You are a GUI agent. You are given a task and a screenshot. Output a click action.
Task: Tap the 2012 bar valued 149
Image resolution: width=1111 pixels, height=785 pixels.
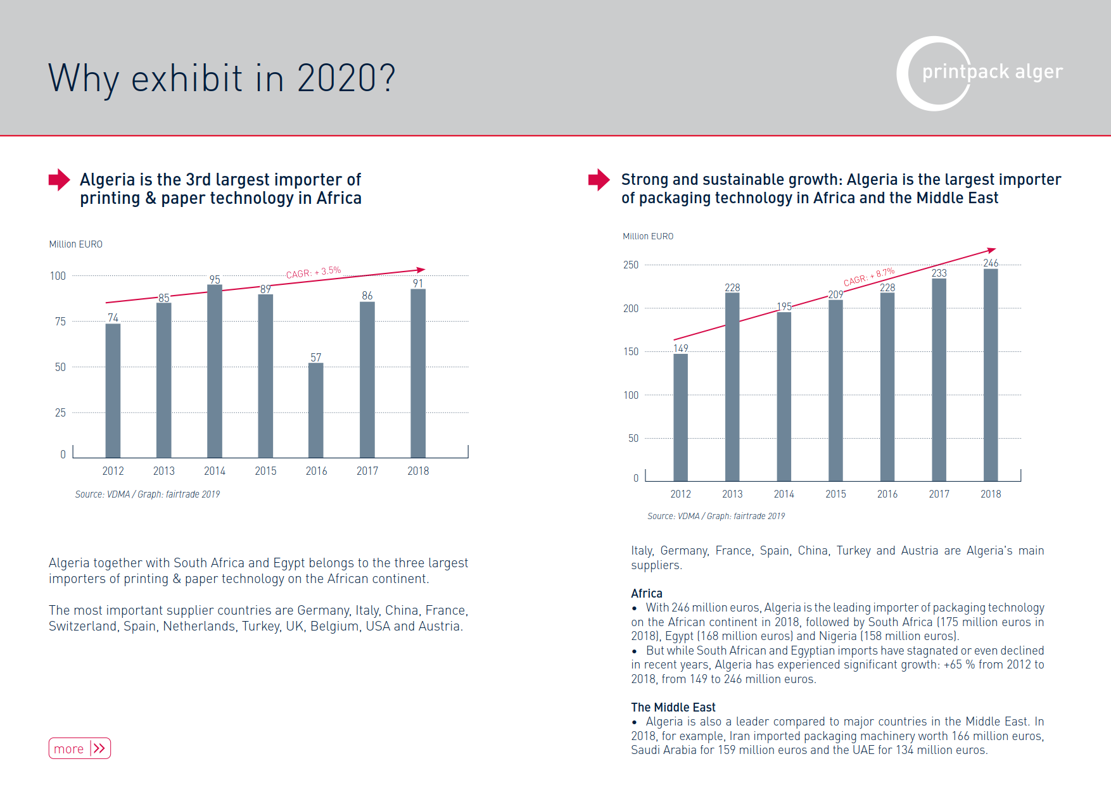point(680,417)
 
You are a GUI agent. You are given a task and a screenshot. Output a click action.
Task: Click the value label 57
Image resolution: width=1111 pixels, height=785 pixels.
point(316,358)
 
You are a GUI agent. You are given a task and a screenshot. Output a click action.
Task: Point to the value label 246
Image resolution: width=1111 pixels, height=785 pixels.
point(991,263)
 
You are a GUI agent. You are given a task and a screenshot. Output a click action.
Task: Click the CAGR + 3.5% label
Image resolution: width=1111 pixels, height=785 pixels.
point(313,273)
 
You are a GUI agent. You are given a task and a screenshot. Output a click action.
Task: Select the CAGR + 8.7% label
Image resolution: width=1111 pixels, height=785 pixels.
point(868,277)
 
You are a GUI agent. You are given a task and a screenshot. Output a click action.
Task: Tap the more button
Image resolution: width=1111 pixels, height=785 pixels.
point(80,748)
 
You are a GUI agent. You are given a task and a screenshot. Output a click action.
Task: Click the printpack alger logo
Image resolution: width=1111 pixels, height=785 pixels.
point(979,73)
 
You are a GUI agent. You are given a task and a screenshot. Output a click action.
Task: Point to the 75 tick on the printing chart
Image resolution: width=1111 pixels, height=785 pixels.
point(60,322)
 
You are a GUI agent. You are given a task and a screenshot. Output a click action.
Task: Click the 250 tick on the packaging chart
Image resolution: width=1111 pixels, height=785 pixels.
point(631,265)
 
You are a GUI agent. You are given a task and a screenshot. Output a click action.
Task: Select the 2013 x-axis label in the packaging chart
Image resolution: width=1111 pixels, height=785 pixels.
point(732,494)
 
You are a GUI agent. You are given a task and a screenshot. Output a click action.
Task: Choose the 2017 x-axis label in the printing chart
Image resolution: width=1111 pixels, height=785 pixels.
point(367,471)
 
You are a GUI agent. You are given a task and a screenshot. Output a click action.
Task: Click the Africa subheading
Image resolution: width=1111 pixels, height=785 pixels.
point(647,593)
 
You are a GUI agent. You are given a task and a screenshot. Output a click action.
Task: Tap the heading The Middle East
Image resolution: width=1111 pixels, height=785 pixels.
point(673,707)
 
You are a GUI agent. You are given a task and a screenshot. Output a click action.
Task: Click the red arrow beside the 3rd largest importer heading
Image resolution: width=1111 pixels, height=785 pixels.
point(60,180)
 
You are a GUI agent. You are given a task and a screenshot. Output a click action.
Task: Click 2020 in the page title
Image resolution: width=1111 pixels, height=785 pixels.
point(346,78)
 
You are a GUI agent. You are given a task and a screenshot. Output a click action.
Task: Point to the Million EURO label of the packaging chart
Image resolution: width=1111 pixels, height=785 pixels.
point(648,236)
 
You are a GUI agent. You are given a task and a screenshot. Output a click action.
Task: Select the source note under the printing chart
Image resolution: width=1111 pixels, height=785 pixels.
point(148,494)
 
